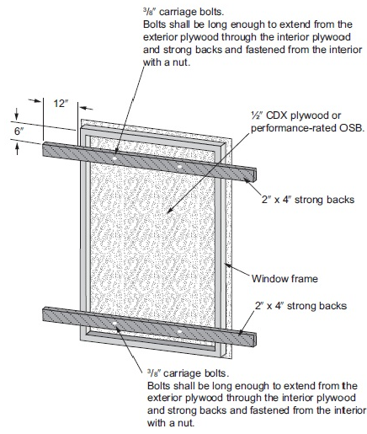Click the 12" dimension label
61,104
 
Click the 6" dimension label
19,131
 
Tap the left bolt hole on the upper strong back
114,158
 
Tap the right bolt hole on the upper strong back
179,166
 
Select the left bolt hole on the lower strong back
114,324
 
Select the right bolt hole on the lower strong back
179,332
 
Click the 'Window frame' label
285,279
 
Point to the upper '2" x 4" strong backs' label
308,200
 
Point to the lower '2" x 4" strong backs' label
301,306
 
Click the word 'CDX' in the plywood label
276,115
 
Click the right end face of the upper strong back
254,175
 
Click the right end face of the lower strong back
254,340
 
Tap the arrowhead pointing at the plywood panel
170,210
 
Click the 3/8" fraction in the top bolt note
149,12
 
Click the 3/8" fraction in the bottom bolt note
153,373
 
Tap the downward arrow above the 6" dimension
17,115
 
